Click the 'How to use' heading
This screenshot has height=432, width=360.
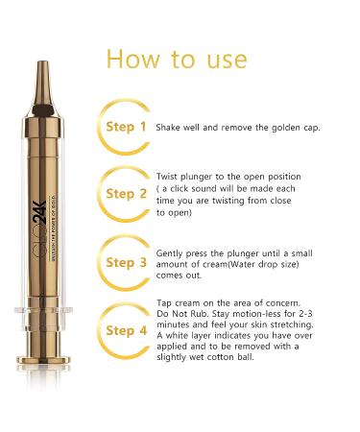177,60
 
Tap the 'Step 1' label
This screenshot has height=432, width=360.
126,127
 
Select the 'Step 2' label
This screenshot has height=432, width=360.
126,194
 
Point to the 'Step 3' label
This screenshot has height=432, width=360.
126,263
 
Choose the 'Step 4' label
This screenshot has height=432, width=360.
126,330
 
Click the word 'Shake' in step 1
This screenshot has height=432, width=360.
168,128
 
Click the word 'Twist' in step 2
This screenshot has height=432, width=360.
167,177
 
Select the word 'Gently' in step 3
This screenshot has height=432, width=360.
169,253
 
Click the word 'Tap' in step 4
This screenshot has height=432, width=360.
164,303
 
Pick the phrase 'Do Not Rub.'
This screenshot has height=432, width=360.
182,314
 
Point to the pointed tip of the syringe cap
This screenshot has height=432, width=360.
42,62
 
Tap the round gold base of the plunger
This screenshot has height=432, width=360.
43,359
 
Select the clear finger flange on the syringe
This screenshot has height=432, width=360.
43,309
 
